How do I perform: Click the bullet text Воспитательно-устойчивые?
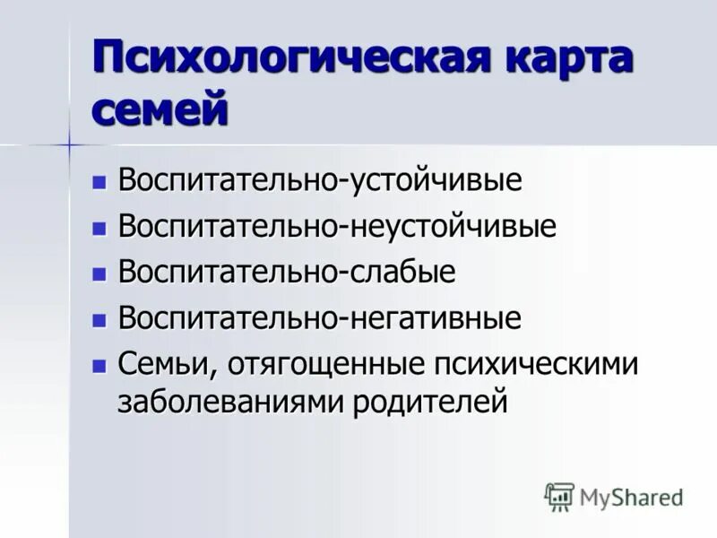(x=320, y=179)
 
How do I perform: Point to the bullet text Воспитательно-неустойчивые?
(x=337, y=226)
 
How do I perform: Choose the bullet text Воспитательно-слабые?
(x=287, y=273)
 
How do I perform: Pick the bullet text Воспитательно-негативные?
(x=320, y=318)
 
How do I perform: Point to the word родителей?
(x=430, y=401)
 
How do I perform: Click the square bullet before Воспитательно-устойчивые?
(x=99, y=181)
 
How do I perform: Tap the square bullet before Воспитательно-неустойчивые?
(x=99, y=228)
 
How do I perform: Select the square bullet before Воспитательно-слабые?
(x=99, y=273)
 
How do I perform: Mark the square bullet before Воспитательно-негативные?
(x=99, y=320)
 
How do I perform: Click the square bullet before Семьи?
(x=99, y=366)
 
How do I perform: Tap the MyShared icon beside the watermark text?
(x=559, y=496)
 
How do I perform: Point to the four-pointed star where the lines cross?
(x=69, y=144)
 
